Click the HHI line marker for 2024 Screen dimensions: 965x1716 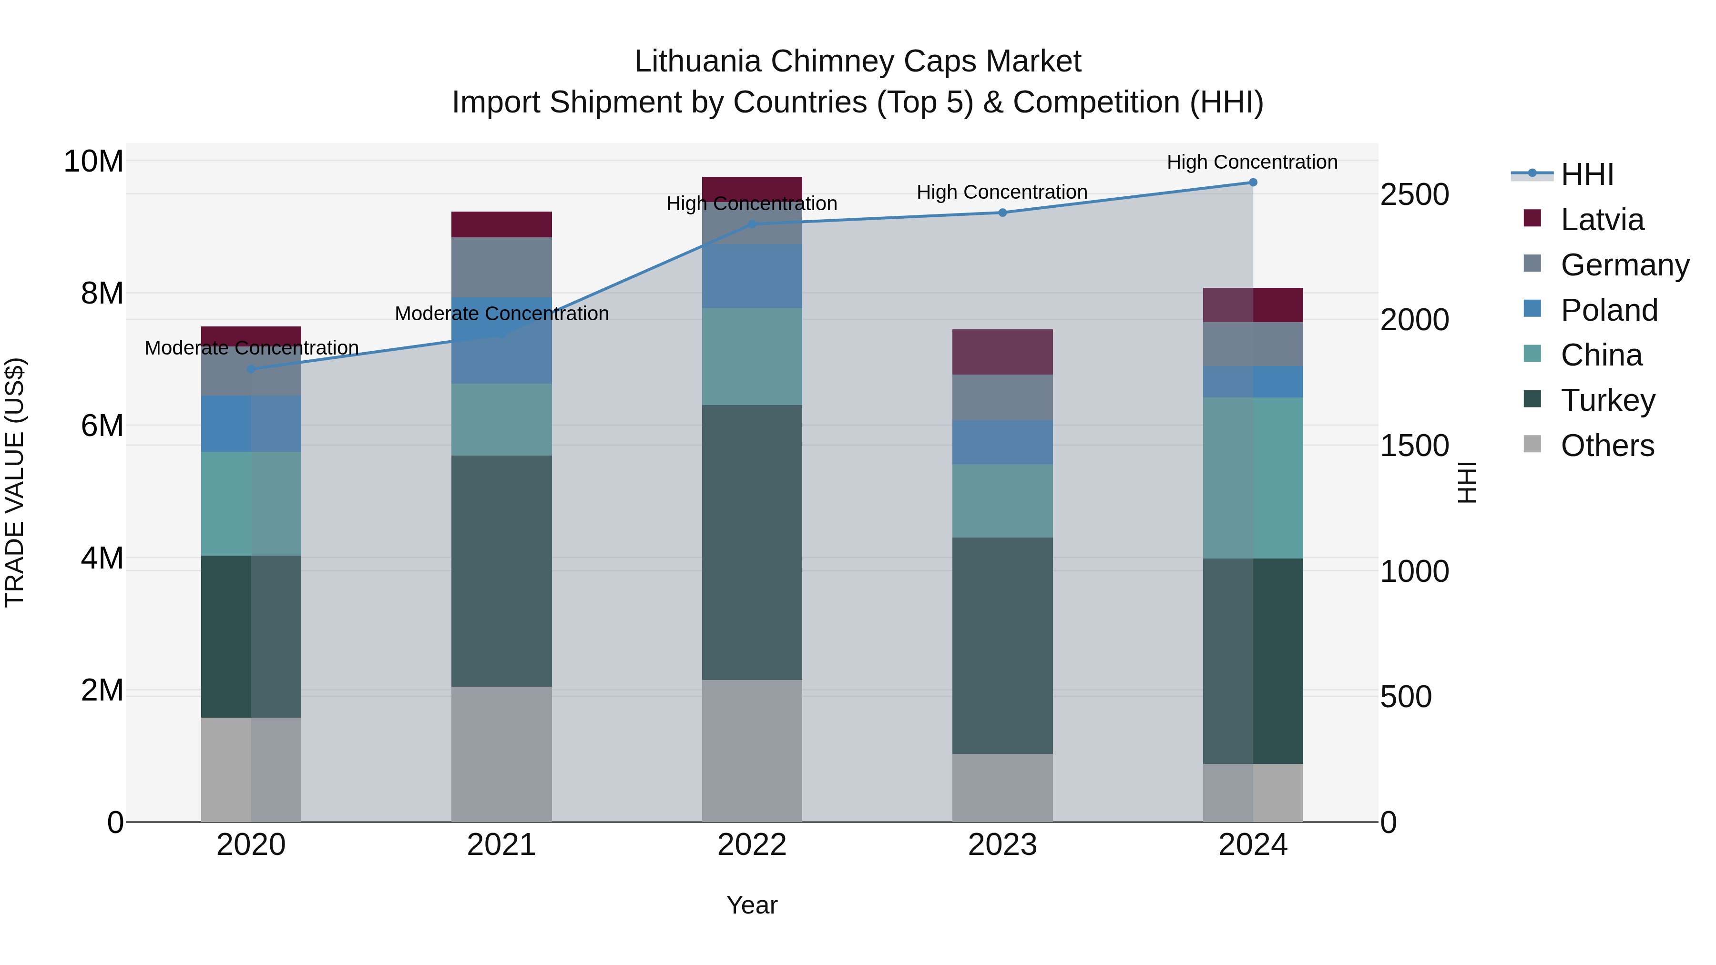click(1252, 183)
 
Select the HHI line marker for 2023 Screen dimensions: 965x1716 click(1002, 213)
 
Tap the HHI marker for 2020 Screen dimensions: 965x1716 click(251, 369)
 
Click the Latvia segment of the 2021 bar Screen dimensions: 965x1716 click(501, 224)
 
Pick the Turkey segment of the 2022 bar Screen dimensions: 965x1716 click(752, 542)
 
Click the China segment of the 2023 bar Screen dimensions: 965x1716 click(1002, 501)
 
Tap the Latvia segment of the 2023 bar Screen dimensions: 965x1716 click(1002, 352)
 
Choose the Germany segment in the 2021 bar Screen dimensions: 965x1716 click(501, 267)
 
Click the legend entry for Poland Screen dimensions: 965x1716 click(1609, 310)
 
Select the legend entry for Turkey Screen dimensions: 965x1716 click(1607, 400)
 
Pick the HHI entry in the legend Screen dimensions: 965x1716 click(1587, 174)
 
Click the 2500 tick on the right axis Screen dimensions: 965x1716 click(1414, 194)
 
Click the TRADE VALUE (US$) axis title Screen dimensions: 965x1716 click(15, 482)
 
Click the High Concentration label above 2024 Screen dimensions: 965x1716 click(1252, 162)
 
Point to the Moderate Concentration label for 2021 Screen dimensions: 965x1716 click(501, 313)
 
